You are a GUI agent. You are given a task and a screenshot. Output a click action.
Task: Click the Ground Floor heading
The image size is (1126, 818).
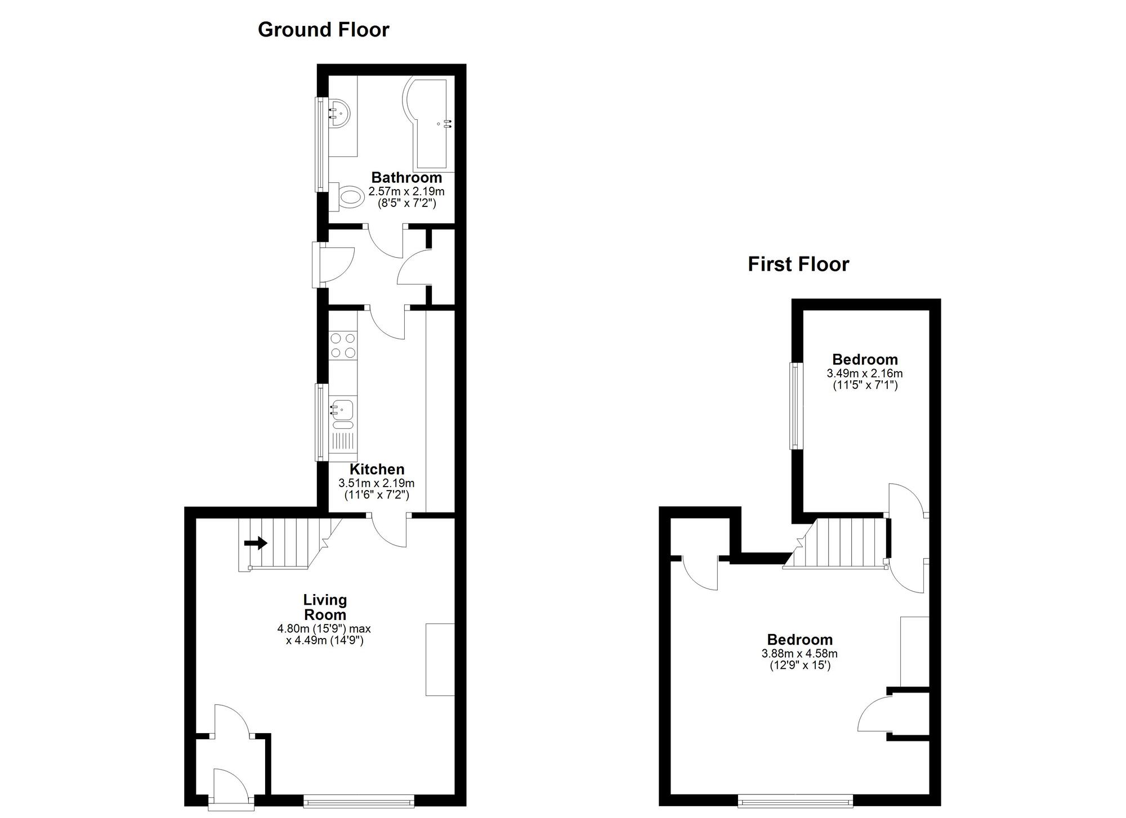click(323, 30)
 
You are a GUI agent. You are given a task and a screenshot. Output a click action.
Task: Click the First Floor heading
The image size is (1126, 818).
click(798, 264)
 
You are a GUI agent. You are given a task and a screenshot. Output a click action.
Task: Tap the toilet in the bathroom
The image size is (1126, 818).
click(350, 197)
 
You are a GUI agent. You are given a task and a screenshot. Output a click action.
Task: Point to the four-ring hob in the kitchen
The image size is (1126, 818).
click(343, 345)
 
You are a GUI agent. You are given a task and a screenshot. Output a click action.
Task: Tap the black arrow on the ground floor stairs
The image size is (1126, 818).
click(256, 543)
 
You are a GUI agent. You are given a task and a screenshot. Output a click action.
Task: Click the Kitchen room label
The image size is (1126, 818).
click(377, 469)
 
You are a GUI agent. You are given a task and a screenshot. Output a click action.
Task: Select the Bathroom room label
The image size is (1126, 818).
click(406, 178)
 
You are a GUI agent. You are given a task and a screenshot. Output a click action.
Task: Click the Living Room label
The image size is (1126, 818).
click(325, 607)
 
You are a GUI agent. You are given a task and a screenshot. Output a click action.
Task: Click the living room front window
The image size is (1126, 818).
click(359, 801)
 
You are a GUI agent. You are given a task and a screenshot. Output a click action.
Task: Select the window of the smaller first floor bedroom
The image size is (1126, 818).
click(796, 406)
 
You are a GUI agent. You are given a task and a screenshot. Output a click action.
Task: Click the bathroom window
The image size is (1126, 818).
click(320, 144)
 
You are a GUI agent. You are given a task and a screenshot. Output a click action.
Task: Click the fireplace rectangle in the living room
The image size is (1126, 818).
click(440, 659)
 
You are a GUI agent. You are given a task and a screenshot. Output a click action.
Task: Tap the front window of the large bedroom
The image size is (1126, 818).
click(795, 801)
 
